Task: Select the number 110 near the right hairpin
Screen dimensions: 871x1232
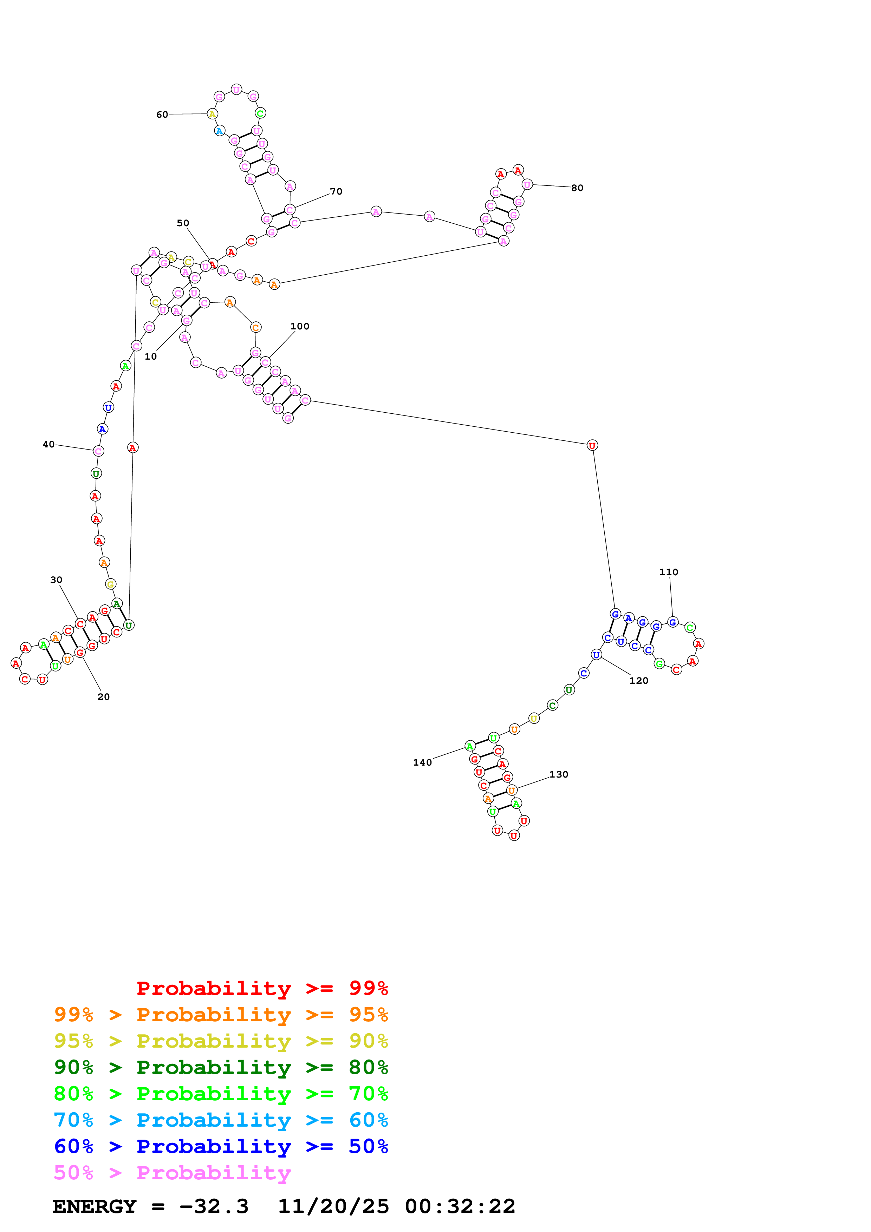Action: click(668, 572)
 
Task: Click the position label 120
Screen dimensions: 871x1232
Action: click(639, 680)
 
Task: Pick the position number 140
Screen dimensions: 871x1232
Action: click(422, 762)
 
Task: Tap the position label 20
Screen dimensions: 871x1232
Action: click(104, 696)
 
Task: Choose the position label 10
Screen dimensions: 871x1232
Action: click(151, 356)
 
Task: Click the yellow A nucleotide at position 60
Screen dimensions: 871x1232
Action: click(213, 114)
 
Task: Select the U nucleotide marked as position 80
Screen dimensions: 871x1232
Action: click(527, 185)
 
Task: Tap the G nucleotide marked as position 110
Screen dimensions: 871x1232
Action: click(672, 622)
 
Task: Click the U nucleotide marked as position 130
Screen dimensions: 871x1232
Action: click(512, 791)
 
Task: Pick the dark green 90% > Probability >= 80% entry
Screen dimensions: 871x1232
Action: click(221, 1068)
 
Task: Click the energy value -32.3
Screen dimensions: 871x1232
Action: click(214, 1206)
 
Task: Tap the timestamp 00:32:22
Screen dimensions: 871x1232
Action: click(460, 1206)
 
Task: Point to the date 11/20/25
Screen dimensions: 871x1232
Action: click(333, 1206)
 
